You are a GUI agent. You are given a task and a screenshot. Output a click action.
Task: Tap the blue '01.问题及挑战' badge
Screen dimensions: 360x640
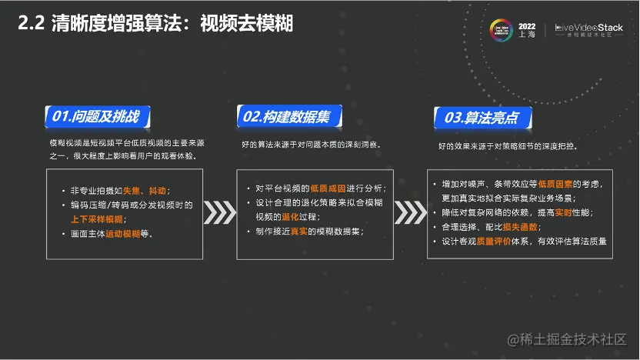pyautogui.click(x=97, y=117)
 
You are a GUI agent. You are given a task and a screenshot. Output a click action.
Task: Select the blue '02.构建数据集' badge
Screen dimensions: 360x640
pyautogui.click(x=287, y=117)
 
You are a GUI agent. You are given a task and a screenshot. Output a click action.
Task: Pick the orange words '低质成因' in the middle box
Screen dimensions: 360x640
pyautogui.click(x=328, y=188)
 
